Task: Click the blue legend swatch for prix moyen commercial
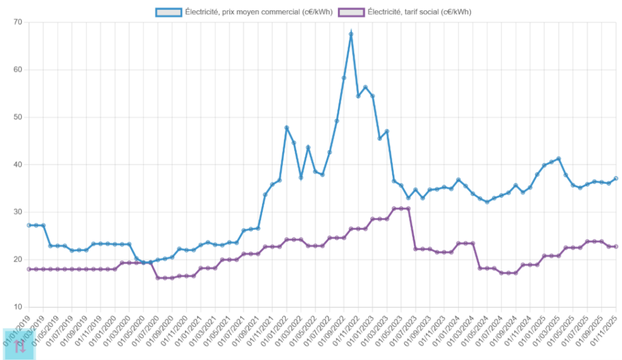(x=168, y=12)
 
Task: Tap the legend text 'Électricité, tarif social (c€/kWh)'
(x=420, y=12)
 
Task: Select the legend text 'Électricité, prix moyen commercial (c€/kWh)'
(x=258, y=12)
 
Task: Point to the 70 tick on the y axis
(x=17, y=22)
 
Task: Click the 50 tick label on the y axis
(x=17, y=117)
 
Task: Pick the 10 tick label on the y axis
(x=17, y=307)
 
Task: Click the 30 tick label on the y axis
(x=17, y=212)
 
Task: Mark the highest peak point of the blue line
(x=351, y=34)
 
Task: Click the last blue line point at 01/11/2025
(x=616, y=178)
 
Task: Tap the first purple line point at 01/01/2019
(x=29, y=269)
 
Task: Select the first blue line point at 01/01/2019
(x=29, y=225)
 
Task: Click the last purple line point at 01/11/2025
(x=616, y=246)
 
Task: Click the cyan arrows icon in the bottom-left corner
(x=19, y=345)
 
